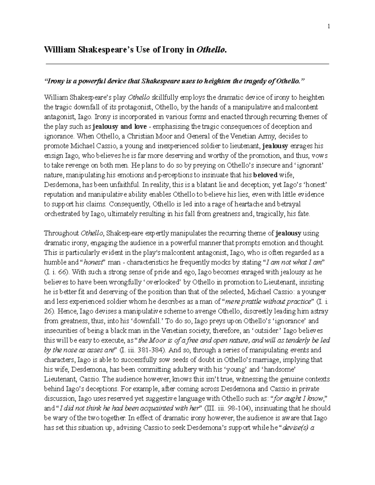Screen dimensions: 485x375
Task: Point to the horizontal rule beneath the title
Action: pyautogui.click(x=187, y=64)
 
